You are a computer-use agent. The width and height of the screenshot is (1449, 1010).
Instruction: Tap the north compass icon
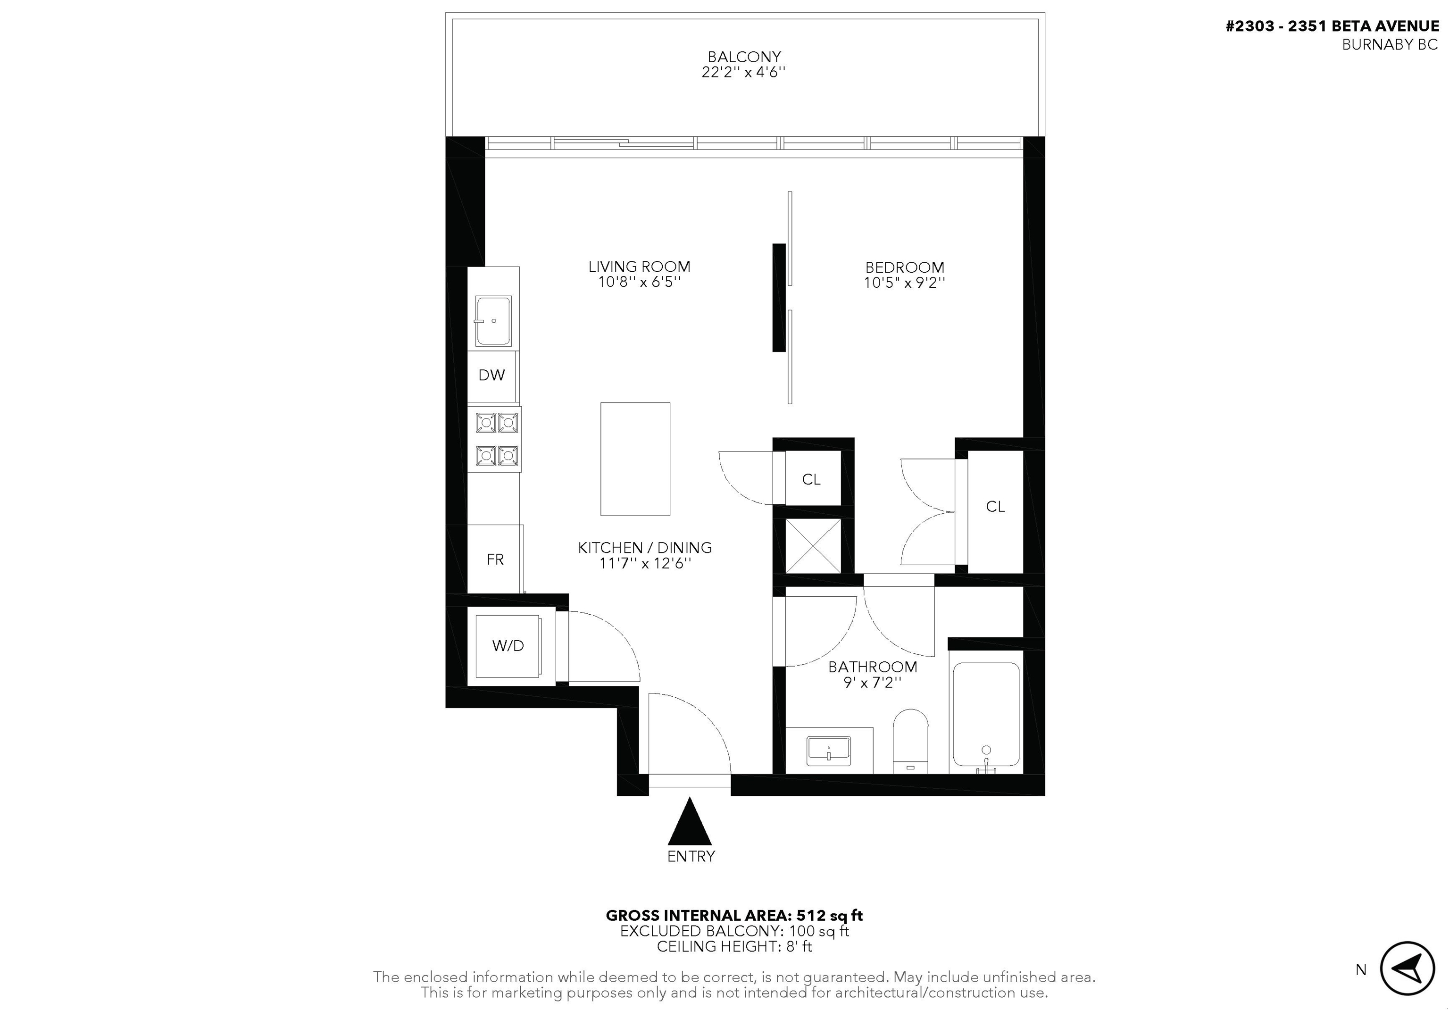tap(1407, 968)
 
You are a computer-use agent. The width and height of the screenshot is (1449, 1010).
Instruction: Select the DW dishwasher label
tap(491, 375)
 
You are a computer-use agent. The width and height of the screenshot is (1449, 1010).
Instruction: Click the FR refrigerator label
tap(495, 559)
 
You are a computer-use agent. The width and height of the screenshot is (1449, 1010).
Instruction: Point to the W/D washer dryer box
tap(508, 646)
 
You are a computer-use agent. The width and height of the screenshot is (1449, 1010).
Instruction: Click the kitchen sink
tap(493, 321)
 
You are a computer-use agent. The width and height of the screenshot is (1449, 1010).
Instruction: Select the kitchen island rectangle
tap(635, 459)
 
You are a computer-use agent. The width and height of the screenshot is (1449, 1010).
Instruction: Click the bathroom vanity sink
tap(829, 751)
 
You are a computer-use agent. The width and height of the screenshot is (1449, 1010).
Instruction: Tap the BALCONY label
tap(744, 57)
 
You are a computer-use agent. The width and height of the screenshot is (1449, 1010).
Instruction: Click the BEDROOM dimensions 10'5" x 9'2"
tap(904, 283)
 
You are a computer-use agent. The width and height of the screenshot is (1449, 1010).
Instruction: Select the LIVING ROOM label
tap(639, 267)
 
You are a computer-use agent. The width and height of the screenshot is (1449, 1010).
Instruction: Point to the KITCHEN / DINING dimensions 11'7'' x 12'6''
tap(645, 563)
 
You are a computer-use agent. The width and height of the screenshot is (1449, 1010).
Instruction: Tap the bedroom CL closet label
tap(995, 506)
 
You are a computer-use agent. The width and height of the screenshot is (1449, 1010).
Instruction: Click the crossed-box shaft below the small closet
tap(813, 546)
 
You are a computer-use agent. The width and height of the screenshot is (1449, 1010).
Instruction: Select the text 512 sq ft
tap(829, 915)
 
